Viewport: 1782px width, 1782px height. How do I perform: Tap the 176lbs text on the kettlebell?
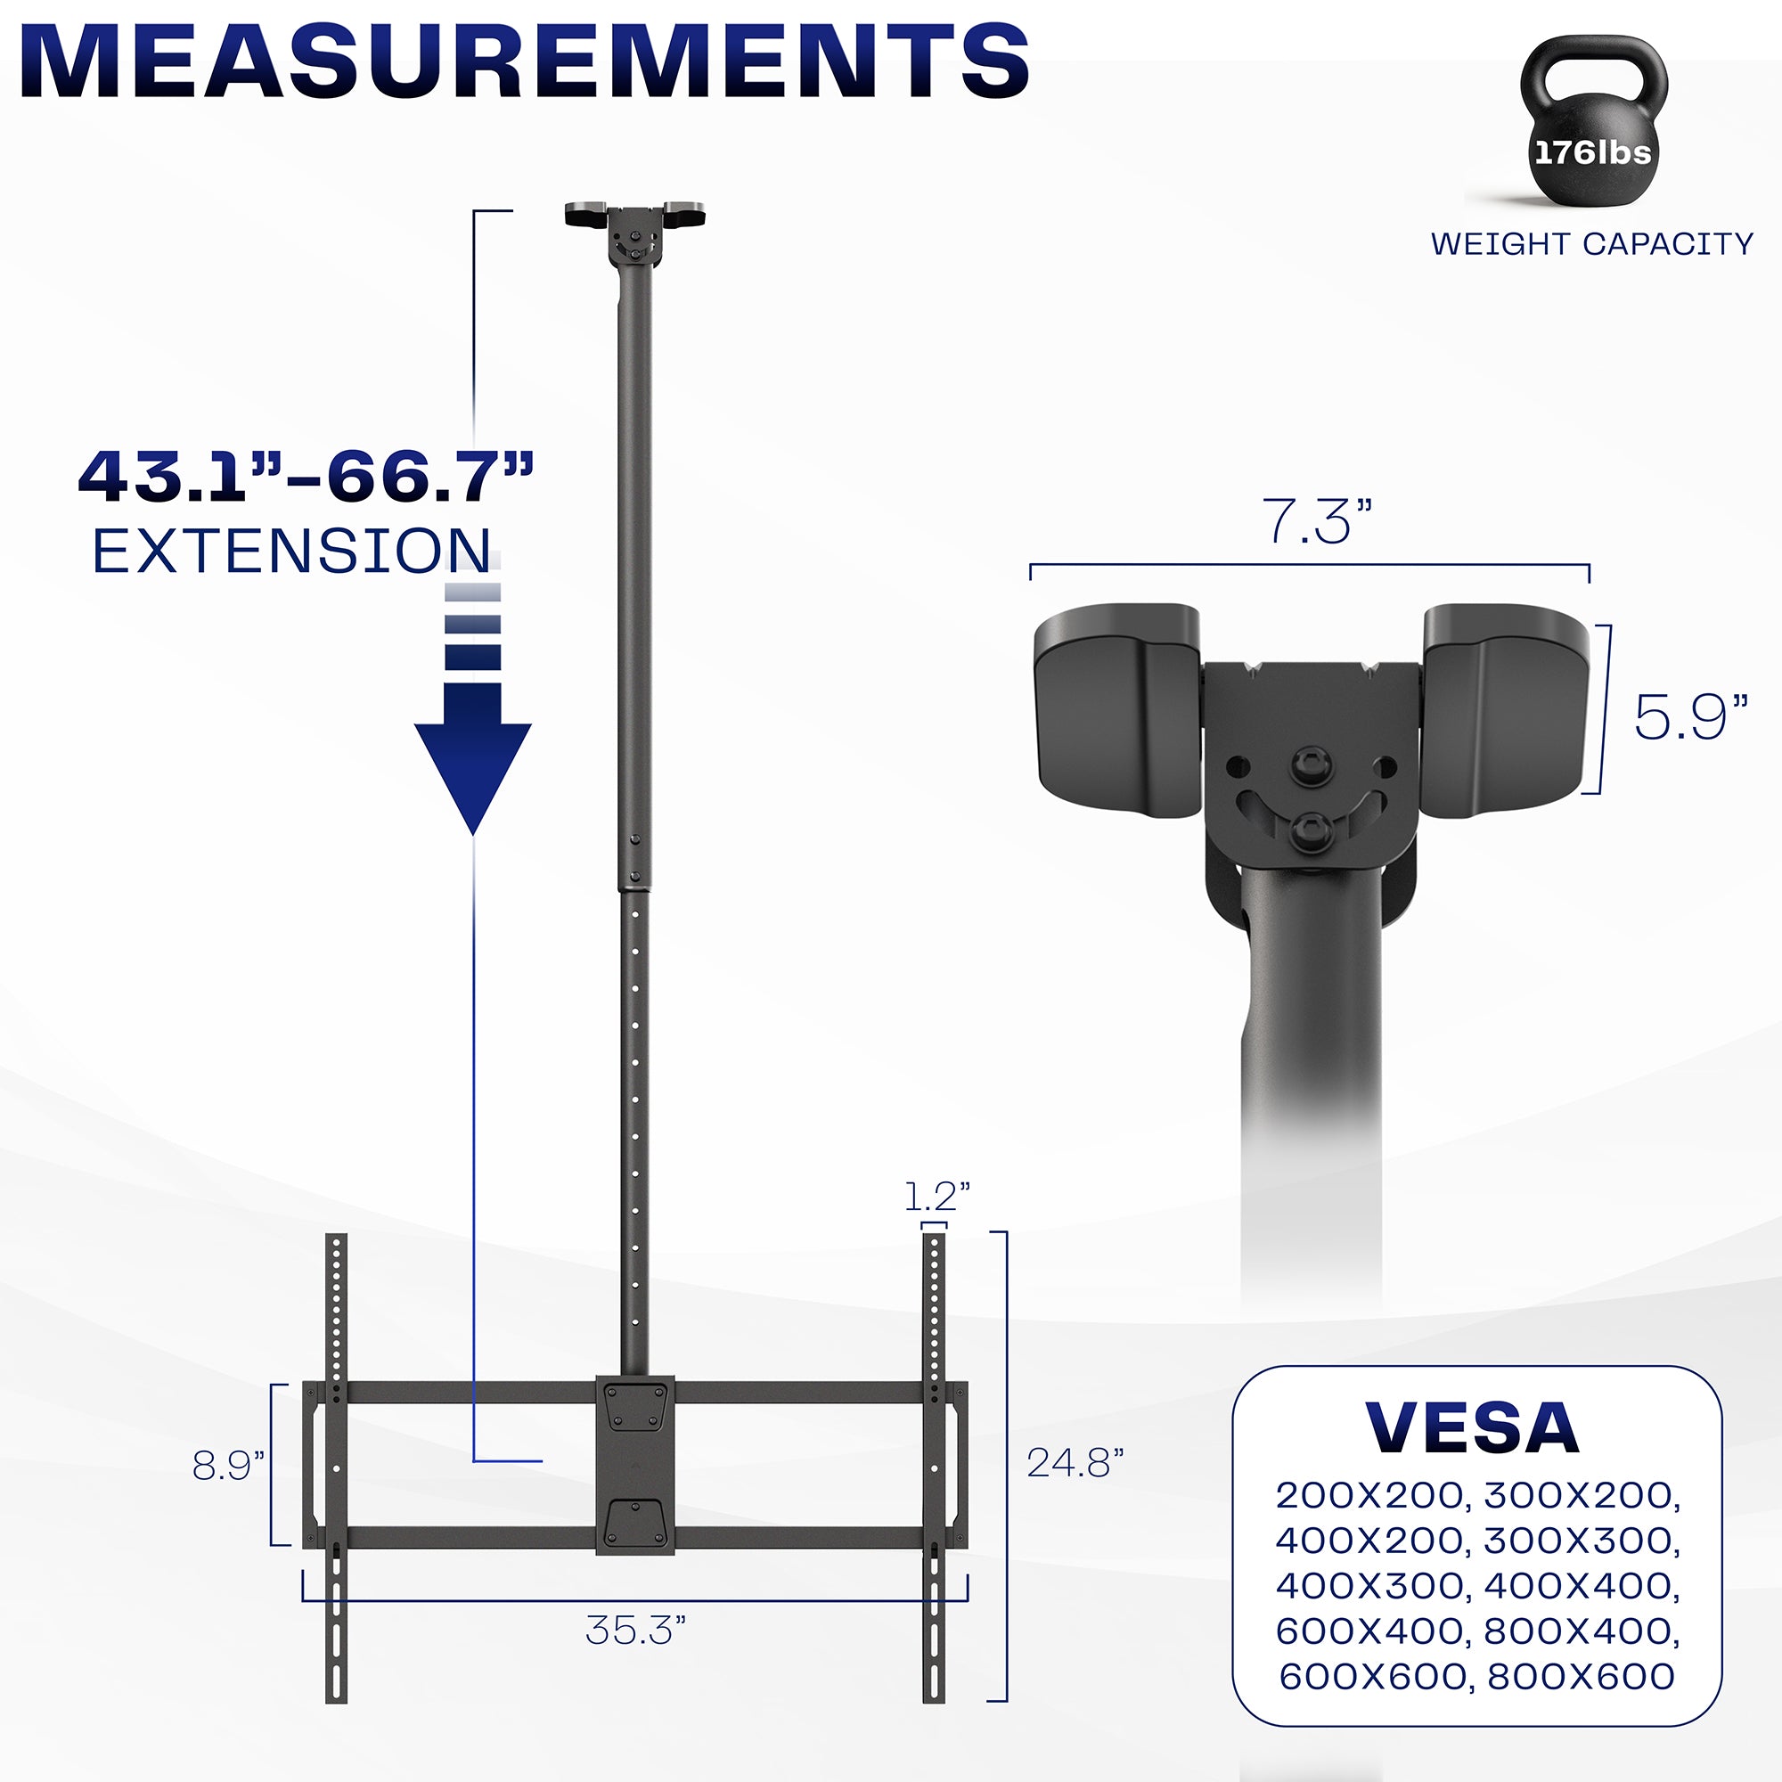(1593, 152)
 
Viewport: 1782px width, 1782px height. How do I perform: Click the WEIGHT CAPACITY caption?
(1591, 243)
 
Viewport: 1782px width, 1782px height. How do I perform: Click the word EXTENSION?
(291, 552)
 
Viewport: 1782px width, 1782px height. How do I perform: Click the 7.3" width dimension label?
(1316, 522)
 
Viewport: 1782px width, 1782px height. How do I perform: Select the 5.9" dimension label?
(1691, 717)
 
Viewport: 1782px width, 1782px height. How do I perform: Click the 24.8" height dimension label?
(1075, 1463)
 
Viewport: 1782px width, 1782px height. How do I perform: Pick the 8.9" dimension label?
(228, 1466)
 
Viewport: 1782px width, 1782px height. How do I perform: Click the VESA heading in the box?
(1473, 1429)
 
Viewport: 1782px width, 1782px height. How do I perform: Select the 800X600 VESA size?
(1581, 1676)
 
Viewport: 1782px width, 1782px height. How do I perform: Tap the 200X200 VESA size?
(1371, 1495)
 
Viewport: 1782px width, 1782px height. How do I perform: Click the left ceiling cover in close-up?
(1117, 710)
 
